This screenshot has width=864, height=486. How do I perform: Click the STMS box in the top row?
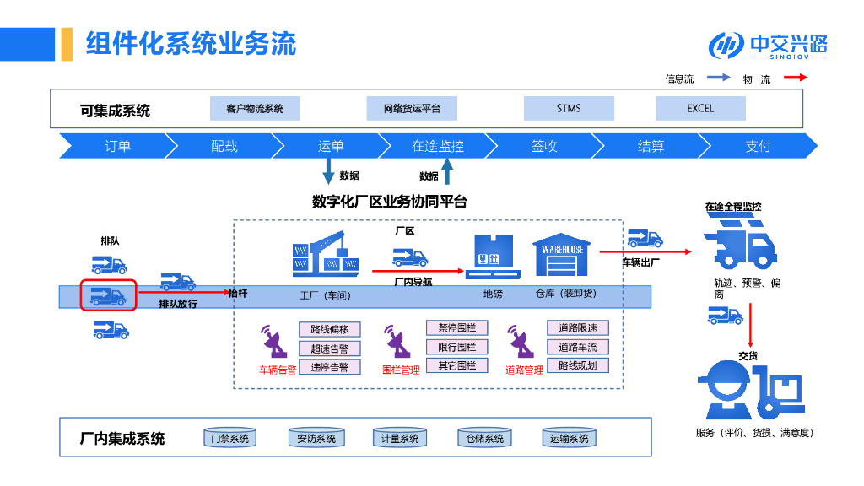pos(569,109)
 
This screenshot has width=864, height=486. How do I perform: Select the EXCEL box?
pos(700,109)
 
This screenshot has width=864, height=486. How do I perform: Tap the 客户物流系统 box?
pos(255,109)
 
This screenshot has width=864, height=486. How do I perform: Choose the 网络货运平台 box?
pos(412,109)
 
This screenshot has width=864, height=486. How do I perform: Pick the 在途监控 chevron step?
pos(438,146)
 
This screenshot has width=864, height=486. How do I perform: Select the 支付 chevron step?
pos(759,146)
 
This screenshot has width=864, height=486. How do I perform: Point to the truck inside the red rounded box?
pos(108,296)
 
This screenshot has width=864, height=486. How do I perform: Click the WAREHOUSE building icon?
pos(561,255)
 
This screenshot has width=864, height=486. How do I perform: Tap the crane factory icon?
pos(326,253)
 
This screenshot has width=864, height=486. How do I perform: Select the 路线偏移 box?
pos(330,329)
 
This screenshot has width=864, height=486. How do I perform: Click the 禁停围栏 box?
pos(456,328)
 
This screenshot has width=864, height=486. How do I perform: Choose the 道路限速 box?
pos(578,328)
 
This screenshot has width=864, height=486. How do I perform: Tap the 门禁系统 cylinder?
pos(230,438)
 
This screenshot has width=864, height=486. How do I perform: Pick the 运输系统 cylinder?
pos(570,438)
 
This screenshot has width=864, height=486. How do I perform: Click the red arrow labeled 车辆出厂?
pos(645,251)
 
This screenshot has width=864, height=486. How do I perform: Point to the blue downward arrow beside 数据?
pos(328,170)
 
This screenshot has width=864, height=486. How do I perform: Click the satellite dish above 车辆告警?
pos(274,342)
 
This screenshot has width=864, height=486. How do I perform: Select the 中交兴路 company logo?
pos(768,46)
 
